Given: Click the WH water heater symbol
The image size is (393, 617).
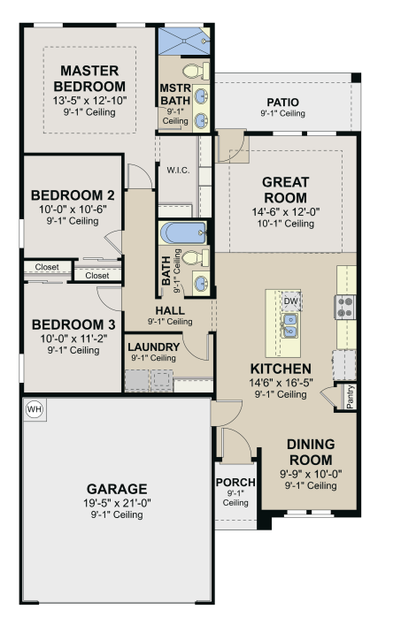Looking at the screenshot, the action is coord(35,409).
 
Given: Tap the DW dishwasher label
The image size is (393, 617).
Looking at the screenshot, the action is coord(291,301).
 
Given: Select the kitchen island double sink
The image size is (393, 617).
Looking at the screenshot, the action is coord(289,325).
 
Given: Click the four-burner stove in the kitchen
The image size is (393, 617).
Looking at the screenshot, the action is coord(345,307).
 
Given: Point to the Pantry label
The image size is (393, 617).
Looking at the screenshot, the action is coord(350,397).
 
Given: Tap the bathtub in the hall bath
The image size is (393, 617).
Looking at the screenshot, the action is coord(183,233).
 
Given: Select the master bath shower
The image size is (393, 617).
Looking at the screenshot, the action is coord(184,41).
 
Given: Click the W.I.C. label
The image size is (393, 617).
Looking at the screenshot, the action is coord(178,171).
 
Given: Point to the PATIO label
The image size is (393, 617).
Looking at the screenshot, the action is coord(282,103).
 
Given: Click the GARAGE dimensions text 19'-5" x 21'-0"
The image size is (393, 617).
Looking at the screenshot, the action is coord(117,503).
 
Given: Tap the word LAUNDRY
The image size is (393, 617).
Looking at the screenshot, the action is coord(154,347).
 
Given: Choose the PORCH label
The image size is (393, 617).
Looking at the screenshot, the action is coord(235,483).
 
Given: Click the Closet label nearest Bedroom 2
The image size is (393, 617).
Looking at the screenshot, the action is coord(97,276).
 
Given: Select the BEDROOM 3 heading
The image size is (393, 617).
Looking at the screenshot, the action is coord(73,324).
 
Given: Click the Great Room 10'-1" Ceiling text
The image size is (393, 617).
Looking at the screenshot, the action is coord(286,224).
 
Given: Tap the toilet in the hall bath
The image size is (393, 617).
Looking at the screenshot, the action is coord(196,258).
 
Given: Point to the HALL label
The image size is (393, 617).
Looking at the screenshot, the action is coord(170,311).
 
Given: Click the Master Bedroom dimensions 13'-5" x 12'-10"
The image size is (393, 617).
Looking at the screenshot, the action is coord(90,101).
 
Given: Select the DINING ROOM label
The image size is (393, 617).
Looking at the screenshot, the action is coord(311,452).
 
